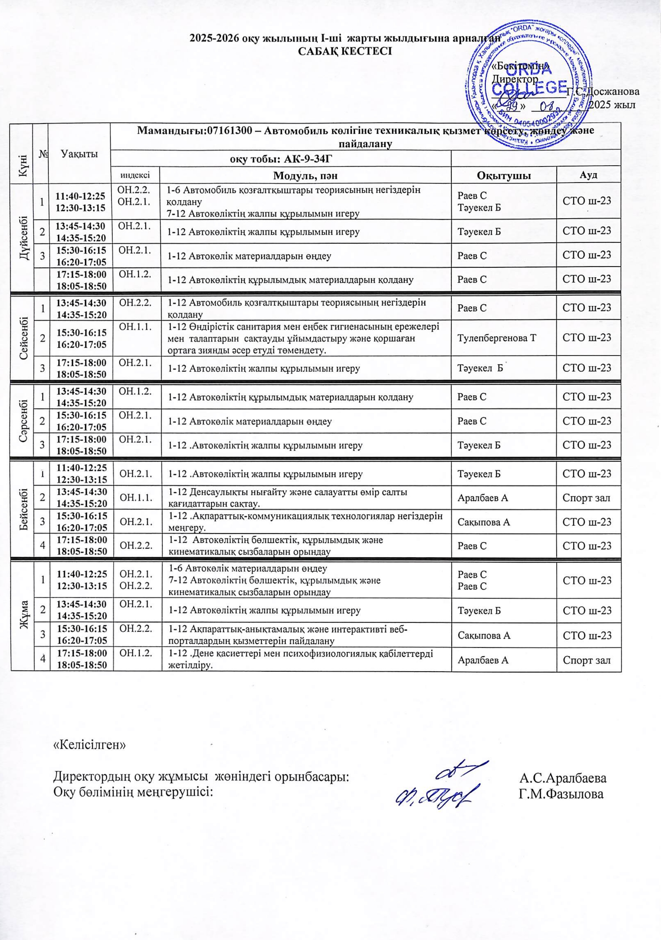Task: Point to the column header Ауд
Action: tap(588, 175)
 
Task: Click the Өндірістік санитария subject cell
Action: tap(305, 338)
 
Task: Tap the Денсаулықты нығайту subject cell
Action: tap(305, 497)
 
